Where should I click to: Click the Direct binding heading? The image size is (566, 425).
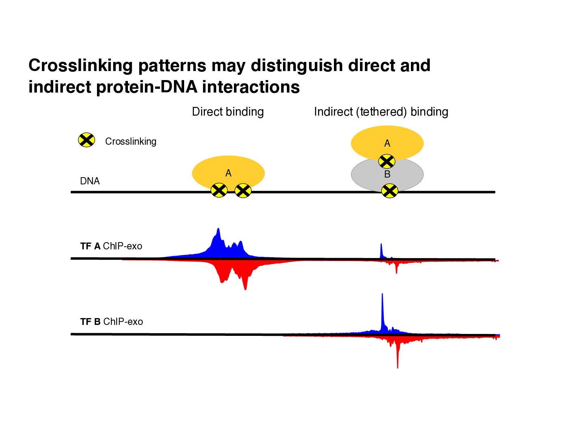click(228, 112)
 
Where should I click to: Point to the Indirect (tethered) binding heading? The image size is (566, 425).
click(381, 112)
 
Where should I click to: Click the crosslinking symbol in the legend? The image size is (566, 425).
click(86, 140)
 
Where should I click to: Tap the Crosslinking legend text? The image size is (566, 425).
click(131, 141)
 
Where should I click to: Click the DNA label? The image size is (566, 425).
click(90, 181)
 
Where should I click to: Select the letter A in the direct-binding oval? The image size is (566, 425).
click(228, 173)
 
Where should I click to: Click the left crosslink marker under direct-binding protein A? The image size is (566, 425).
click(219, 190)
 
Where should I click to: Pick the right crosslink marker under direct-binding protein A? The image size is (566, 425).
click(243, 191)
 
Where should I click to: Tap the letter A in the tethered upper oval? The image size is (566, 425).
click(387, 143)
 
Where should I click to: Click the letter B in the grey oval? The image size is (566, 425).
click(387, 175)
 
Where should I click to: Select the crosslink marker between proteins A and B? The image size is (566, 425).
click(387, 162)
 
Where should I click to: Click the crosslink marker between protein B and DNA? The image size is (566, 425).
click(389, 191)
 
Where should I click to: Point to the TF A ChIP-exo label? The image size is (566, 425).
click(111, 246)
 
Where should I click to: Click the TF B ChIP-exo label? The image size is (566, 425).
click(111, 322)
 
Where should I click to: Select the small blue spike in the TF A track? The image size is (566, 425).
click(381, 250)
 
